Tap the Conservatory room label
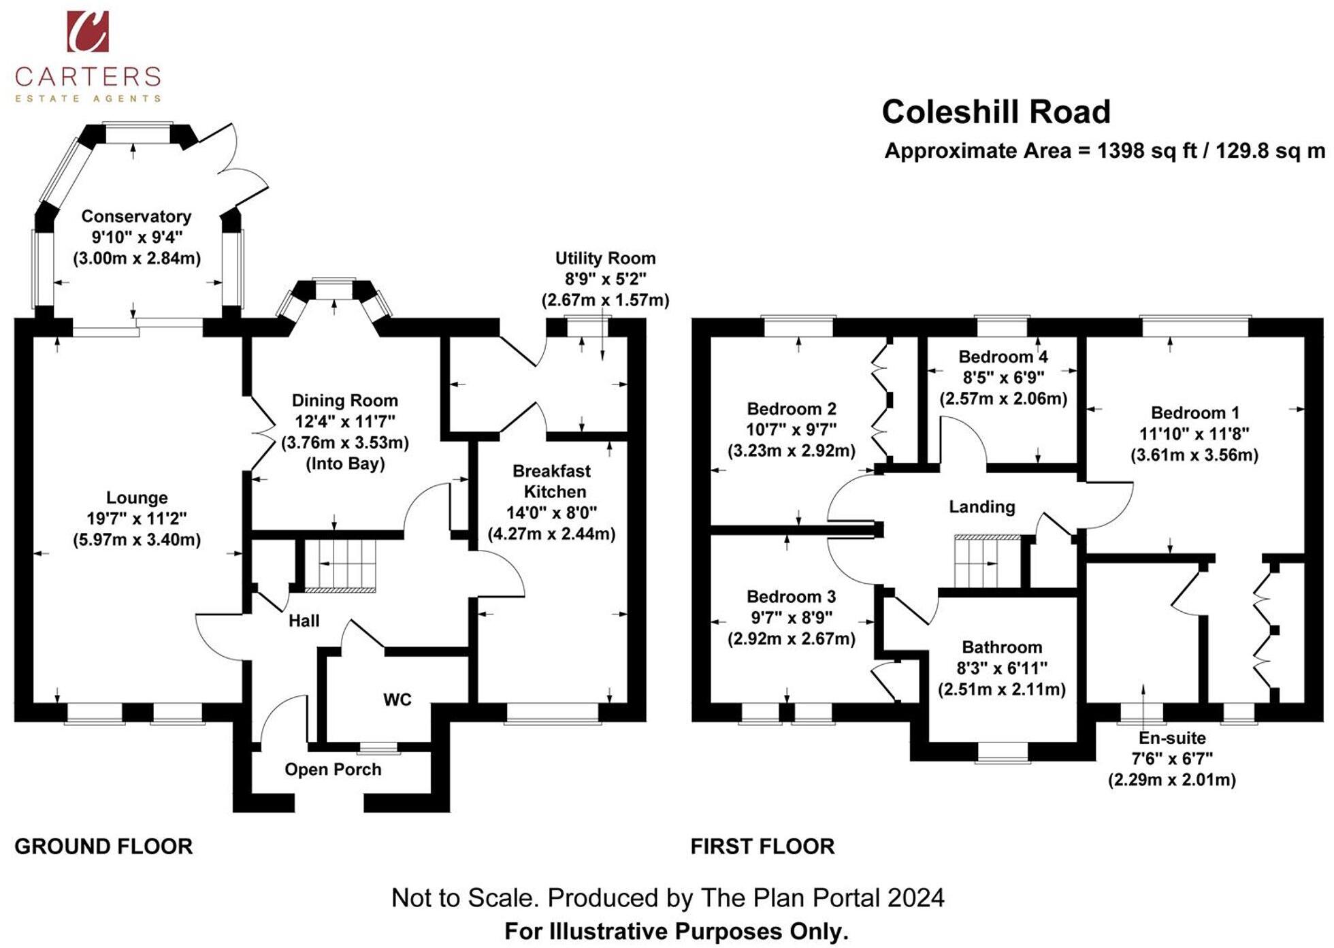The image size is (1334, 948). pos(136,216)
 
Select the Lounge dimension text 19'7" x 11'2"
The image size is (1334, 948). pos(136,519)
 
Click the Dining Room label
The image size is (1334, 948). pos(344,401)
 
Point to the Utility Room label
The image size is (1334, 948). pos(605,259)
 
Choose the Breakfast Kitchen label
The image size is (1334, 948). pos(551,481)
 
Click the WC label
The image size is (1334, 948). pos(397,700)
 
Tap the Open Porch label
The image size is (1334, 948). pos(333,770)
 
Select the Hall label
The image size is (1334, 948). pos(304,621)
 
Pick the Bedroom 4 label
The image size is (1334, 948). pos(1003,357)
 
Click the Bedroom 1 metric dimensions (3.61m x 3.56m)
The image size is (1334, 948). pos(1194,455)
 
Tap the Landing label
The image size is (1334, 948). pos(981,507)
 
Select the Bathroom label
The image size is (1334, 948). pos(1002,647)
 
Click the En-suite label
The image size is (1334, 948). pos(1172,738)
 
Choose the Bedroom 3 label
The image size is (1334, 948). pos(791,597)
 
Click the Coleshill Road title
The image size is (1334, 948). pos(996,112)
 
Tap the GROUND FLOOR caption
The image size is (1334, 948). pos(103,847)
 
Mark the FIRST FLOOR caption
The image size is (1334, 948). pos(762,847)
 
